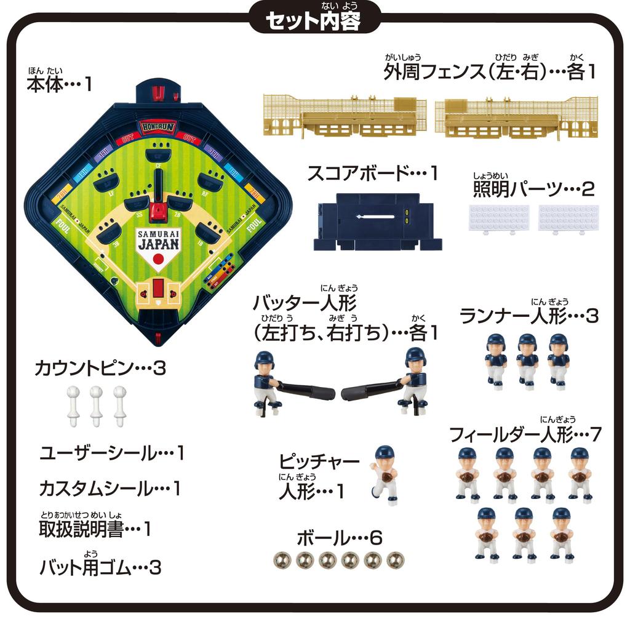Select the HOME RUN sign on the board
pos(158,127)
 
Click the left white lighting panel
pos(499,218)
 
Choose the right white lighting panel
pos(568,218)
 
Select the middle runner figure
pos(527,361)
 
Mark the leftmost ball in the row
pos(282,560)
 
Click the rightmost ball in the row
pos(396,560)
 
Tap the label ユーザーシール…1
pos(112,454)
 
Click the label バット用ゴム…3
pos(100,567)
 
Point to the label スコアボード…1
pos(372,174)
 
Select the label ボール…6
pos(340,538)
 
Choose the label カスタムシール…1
pos(110,490)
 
